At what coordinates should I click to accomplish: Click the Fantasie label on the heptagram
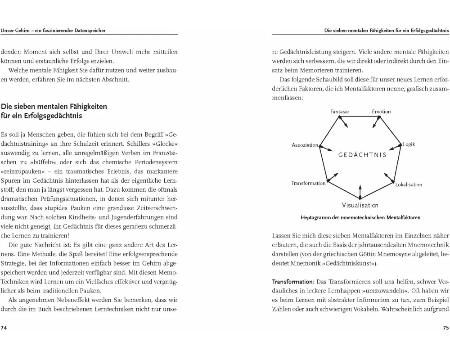(340, 112)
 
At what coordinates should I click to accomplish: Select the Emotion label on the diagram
(381, 112)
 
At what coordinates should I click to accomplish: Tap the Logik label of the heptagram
(409, 144)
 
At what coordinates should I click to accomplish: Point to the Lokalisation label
(409, 184)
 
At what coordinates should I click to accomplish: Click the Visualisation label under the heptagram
(360, 205)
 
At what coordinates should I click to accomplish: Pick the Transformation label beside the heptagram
(308, 183)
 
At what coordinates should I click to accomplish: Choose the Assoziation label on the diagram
(305, 145)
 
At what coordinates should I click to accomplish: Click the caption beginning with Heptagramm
(360, 218)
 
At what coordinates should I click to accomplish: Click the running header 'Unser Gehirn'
(17, 31)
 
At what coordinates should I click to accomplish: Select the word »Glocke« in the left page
(166, 144)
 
